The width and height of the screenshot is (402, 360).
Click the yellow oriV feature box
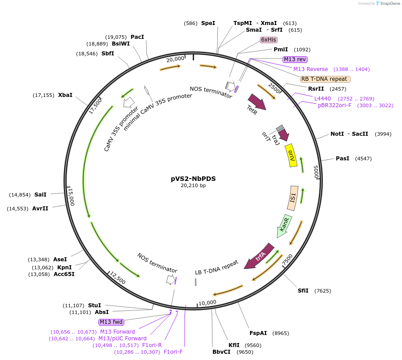[x=292, y=155]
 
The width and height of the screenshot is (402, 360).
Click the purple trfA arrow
[x=259, y=256]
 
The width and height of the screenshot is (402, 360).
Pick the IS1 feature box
[x=293, y=198]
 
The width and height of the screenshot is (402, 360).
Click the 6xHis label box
[x=269, y=40]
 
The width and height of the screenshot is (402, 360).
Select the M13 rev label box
[x=295, y=59]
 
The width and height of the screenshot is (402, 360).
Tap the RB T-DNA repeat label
[x=325, y=79]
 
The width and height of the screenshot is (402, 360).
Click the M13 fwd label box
[x=111, y=322]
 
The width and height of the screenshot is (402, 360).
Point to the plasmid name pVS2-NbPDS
[x=193, y=178]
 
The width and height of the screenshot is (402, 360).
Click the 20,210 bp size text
[x=193, y=185]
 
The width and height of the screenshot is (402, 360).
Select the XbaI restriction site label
[x=65, y=95]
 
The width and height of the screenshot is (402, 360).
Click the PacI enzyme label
[x=137, y=37]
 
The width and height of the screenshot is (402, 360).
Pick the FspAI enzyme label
[x=258, y=333]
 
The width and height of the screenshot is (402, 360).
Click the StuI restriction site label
[x=94, y=306]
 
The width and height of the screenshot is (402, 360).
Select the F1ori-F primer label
[x=173, y=352]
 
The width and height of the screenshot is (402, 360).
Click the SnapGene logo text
[x=389, y=3]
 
